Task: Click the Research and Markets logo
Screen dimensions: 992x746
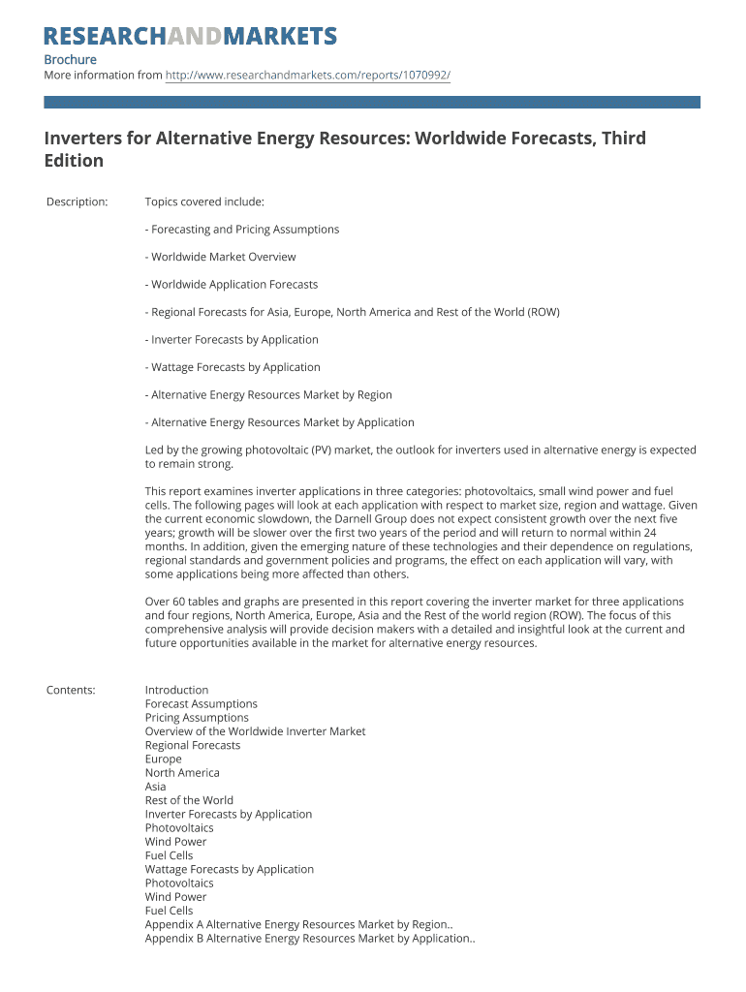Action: point(191,37)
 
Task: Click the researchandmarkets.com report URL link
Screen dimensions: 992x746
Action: point(308,75)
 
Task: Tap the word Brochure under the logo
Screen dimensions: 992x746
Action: point(71,60)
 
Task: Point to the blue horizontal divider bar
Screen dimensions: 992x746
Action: point(372,102)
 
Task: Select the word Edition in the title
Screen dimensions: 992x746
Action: point(74,161)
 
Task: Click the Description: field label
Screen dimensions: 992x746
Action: point(78,201)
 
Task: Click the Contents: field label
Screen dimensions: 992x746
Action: point(71,690)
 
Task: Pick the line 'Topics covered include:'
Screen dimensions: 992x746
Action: point(204,201)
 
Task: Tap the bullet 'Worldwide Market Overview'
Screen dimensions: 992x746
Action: point(221,257)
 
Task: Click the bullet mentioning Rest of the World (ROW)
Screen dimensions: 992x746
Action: point(353,312)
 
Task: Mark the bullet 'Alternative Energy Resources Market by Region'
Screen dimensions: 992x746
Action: point(268,394)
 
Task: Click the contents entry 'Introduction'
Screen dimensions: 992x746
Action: point(176,690)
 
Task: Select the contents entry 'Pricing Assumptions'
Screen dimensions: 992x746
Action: point(197,718)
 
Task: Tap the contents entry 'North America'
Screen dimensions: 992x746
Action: point(182,773)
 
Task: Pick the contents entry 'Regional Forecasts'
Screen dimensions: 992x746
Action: point(193,745)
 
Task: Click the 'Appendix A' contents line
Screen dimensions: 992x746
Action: point(297,924)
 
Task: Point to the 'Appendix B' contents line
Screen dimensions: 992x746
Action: point(309,938)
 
